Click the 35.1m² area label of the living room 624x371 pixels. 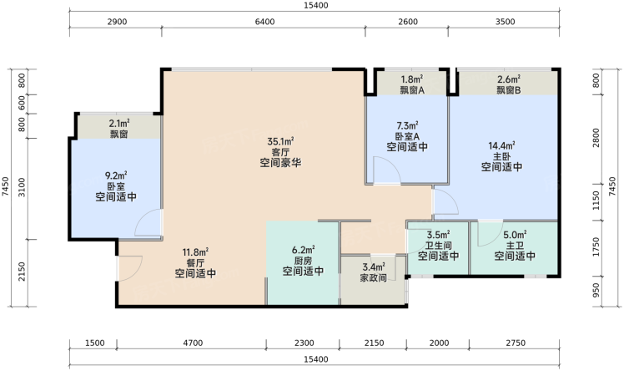(x=280, y=141)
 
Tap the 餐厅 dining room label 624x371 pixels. (x=195, y=263)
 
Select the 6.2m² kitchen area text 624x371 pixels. (x=304, y=250)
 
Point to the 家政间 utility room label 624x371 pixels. (x=373, y=277)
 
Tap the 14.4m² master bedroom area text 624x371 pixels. (x=502, y=146)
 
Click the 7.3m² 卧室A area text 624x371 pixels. (x=407, y=126)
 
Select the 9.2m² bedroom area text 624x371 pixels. (x=116, y=175)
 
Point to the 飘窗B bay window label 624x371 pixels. (x=509, y=90)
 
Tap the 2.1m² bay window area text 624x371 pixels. (x=119, y=124)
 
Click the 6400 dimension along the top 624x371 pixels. (x=264, y=22)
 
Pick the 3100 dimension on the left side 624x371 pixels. (x=22, y=187)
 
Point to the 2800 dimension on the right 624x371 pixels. (x=596, y=138)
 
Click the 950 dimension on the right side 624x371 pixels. (x=596, y=291)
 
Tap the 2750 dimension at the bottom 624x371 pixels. (x=516, y=343)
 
